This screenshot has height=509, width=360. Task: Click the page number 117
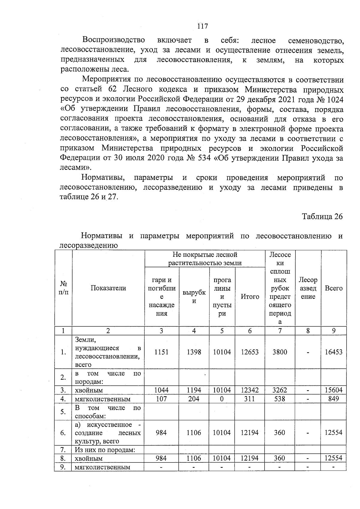[x=202, y=26]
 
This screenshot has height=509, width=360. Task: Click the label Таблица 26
[x=322, y=217]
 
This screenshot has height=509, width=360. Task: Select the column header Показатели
[x=108, y=288]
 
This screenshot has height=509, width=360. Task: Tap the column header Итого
[x=250, y=297]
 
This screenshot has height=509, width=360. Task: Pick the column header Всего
[x=334, y=288]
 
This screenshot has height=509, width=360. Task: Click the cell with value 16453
[x=334, y=352]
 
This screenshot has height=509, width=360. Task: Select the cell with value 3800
[x=280, y=352]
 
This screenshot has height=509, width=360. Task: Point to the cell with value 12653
[x=250, y=352]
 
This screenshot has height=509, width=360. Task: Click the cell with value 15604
[x=334, y=390]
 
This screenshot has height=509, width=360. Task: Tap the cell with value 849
[x=334, y=399]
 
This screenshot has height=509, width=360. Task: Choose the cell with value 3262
[x=280, y=390]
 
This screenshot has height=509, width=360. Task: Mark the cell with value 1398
[x=194, y=352]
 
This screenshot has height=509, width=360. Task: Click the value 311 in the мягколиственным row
[x=250, y=399]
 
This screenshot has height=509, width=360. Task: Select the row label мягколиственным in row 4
[x=103, y=399]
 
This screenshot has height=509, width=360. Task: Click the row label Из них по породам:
[x=105, y=450]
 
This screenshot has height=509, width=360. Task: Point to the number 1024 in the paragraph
[x=334, y=99]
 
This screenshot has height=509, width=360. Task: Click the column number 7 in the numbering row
[x=280, y=331]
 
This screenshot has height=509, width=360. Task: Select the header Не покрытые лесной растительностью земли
[x=205, y=259]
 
